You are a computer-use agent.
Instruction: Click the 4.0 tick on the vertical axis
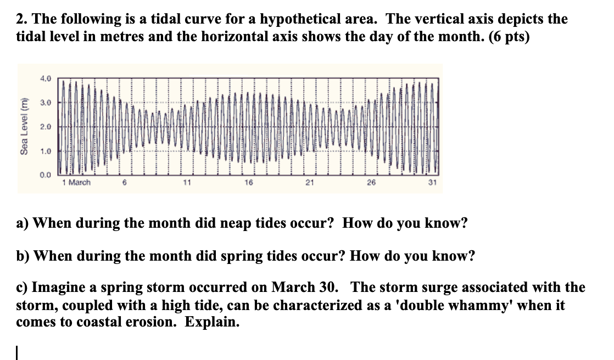pos(46,78)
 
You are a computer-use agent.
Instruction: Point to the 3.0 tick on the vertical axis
pos(46,103)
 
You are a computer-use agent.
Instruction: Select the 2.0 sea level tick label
pos(46,127)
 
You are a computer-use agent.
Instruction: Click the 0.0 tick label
pos(46,175)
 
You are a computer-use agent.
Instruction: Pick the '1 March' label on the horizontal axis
pos(76,182)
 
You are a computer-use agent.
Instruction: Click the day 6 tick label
pos(125,182)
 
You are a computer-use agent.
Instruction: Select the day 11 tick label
pos(187,182)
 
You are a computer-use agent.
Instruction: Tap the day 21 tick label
pos(310,182)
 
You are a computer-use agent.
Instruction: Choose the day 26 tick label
pos(371,182)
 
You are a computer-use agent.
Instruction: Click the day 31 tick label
pos(432,182)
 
